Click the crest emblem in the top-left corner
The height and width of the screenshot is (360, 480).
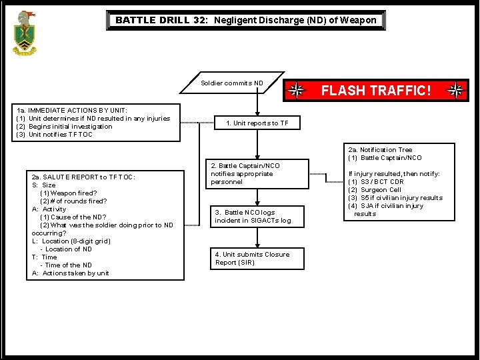pyautogui.click(x=25, y=33)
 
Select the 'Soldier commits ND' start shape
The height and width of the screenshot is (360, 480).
pyautogui.click(x=233, y=83)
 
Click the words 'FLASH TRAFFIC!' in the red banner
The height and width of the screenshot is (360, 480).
pyautogui.click(x=377, y=91)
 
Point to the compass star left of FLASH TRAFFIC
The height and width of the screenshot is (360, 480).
pyautogui.click(x=297, y=91)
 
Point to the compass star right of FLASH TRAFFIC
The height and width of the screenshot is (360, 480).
pyautogui.click(x=457, y=91)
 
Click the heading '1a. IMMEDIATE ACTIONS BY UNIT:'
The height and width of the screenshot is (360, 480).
pyautogui.click(x=72, y=111)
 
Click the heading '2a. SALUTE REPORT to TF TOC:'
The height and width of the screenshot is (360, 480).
pyautogui.click(x=83, y=177)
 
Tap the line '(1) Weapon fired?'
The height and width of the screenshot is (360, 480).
pyautogui.click(x=68, y=193)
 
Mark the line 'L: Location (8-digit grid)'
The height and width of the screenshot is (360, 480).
pyautogui.click(x=71, y=241)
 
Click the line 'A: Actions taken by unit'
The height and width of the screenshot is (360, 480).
pyautogui.click(x=70, y=273)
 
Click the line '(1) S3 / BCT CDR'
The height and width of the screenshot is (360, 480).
pyautogui.click(x=376, y=182)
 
